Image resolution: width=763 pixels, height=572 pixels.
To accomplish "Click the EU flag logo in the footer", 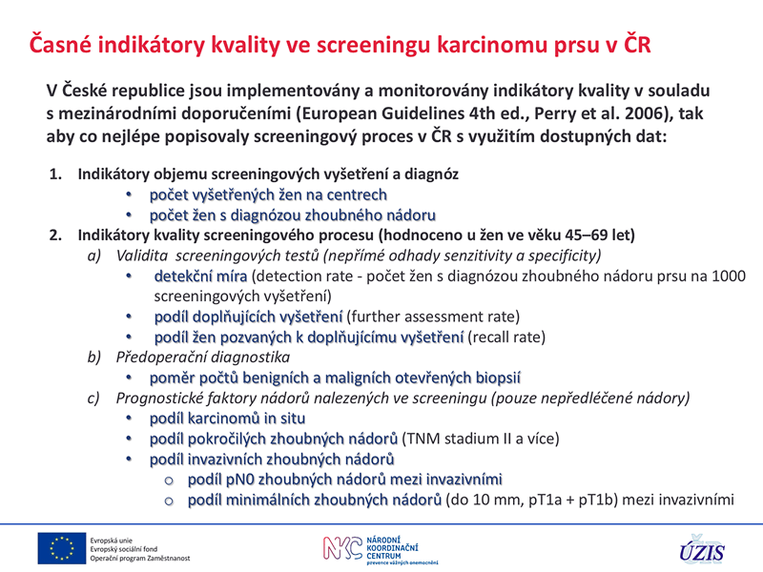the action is click(x=62, y=548).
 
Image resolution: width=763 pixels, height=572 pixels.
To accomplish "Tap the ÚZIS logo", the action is click(x=702, y=550).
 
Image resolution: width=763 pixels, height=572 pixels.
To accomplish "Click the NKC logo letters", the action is click(x=343, y=547).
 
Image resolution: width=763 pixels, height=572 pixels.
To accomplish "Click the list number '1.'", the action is click(x=56, y=174).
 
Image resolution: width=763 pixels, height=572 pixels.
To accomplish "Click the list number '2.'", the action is click(x=56, y=235).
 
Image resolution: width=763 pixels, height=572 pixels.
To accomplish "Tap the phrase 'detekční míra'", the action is click(x=200, y=276).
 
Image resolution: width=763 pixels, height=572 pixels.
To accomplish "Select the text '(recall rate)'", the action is click(x=506, y=337).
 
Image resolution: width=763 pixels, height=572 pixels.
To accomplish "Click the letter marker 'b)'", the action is click(x=93, y=357).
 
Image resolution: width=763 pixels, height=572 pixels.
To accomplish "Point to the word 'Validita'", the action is click(x=141, y=255).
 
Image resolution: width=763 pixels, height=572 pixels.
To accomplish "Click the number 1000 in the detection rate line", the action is click(x=729, y=276).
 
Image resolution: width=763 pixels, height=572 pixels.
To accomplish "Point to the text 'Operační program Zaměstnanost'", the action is click(x=140, y=559).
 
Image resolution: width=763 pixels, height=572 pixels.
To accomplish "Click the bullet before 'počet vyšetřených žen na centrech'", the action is click(x=129, y=195).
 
